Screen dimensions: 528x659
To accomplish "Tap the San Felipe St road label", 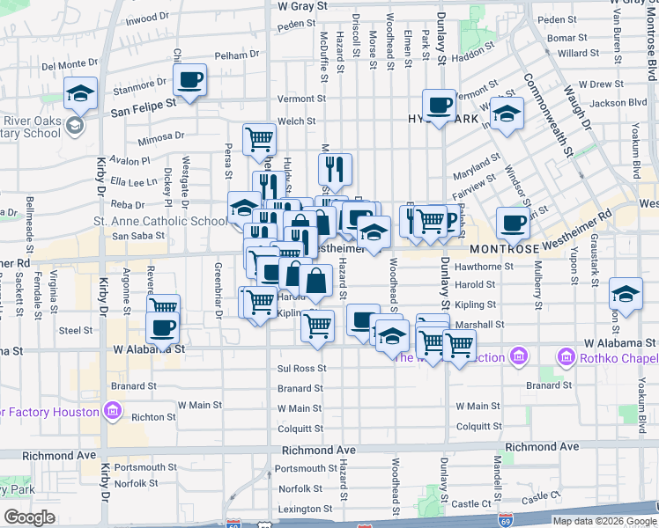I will [144, 102].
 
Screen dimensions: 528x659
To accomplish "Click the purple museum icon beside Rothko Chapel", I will [565, 357].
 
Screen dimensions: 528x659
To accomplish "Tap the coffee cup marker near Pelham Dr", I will [189, 80].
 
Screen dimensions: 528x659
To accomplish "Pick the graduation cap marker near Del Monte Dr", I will [80, 93].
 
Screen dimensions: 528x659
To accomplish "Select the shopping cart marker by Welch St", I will [259, 139].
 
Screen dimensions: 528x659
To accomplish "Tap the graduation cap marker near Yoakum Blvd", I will [626, 293].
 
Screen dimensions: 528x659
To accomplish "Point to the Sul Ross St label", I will [302, 369].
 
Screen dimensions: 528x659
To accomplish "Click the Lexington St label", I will [300, 509].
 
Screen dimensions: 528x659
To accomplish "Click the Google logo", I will [29, 517].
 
